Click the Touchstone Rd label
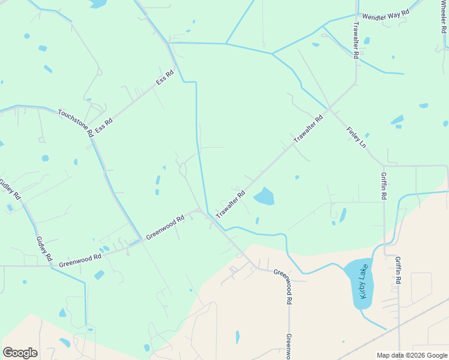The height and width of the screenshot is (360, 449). click(76, 122)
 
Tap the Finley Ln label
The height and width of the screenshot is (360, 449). click(355, 137)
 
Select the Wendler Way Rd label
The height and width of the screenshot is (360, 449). click(385, 13)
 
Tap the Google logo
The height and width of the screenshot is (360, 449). click(20, 352)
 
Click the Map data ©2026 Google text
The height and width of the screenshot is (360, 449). click(411, 355)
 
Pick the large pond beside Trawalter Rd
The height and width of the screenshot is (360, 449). click(264, 196)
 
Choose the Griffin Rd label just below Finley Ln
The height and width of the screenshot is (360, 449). click(384, 186)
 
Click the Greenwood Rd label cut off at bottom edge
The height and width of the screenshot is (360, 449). click(289, 346)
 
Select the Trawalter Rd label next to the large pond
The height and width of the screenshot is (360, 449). click(231, 204)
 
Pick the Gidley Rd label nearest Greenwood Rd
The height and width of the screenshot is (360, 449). click(44, 248)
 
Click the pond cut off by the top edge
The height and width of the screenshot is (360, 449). click(98, 4)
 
